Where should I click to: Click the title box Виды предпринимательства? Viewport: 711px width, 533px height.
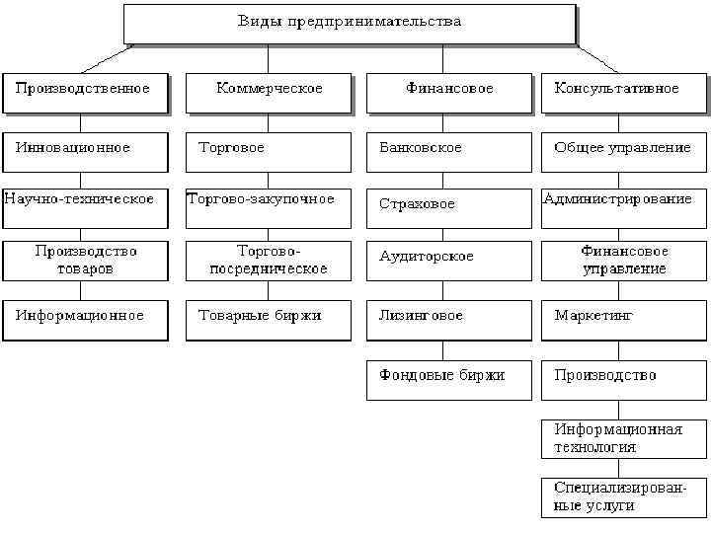pyautogui.click(x=349, y=23)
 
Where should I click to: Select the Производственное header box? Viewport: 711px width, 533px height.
pyautogui.click(x=85, y=92)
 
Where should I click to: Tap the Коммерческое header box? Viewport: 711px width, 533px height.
pyautogui.click(x=269, y=92)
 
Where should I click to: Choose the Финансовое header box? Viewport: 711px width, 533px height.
pyautogui.click(x=449, y=92)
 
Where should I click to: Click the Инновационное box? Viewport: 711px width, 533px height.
pyautogui.click(x=85, y=150)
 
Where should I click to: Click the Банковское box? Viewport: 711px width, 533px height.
pyautogui.click(x=449, y=150)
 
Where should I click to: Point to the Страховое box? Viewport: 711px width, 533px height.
pyautogui.click(x=449, y=204)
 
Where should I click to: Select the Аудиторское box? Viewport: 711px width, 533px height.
pyautogui.click(x=449, y=259)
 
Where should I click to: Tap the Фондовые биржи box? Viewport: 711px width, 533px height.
pyautogui.click(x=449, y=379)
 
